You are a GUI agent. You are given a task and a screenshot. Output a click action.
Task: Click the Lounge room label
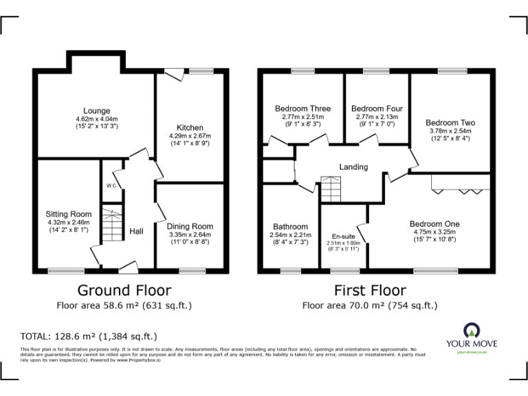pos(97,111)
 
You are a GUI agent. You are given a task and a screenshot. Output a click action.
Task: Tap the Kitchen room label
pos(190,128)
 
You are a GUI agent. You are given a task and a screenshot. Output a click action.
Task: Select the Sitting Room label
pos(68,214)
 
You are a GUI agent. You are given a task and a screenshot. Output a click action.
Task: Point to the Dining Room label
pos(190,226)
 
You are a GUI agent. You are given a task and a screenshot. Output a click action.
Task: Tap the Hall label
pos(136,232)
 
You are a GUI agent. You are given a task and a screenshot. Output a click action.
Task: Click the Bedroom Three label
pos(302,109)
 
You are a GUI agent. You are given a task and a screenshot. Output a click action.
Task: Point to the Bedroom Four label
pos(377,109)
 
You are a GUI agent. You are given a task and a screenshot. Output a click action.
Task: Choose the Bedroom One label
pos(434,224)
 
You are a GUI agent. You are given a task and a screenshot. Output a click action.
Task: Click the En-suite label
pos(343,236)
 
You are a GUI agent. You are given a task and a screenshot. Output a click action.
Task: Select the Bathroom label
pos(290,226)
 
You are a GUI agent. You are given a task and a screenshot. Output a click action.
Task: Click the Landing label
pos(353,167)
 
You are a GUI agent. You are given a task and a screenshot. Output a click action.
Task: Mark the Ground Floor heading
pos(124,290)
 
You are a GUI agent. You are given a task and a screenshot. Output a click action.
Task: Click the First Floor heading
pos(369,290)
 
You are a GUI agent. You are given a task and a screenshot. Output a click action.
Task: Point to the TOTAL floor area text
pos(89,336)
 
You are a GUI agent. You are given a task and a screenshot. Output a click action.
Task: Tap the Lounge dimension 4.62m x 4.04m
pos(97,119)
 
